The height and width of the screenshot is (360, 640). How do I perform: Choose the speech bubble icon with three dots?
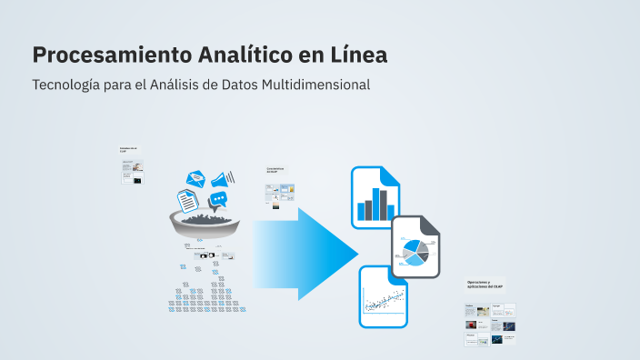pyautogui.click(x=218, y=199)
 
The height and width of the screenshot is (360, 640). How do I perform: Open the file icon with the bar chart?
pyautogui.click(x=375, y=197)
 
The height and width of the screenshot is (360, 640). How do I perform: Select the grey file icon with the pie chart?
pyautogui.click(x=416, y=247)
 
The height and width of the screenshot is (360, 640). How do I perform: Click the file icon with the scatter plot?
pyautogui.click(x=384, y=296)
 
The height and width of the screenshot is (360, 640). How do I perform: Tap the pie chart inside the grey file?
pyautogui.click(x=415, y=251)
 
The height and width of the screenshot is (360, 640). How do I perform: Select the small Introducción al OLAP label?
pyautogui.click(x=128, y=149)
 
